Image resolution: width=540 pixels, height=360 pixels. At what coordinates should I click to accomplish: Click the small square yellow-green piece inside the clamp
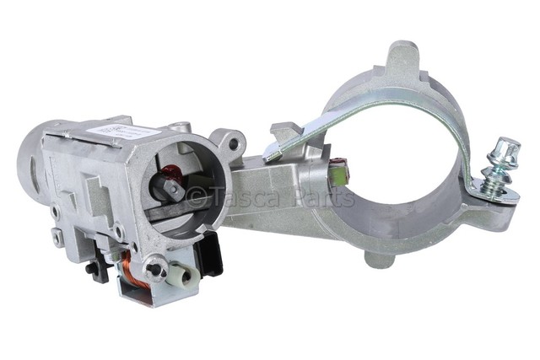pos(340,175)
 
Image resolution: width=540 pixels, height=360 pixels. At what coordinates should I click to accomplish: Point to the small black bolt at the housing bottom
pos(90,268)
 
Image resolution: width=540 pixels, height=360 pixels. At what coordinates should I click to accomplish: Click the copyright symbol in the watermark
pos(196,197)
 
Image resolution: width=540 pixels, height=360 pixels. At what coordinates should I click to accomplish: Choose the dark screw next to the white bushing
pos(154,270)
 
